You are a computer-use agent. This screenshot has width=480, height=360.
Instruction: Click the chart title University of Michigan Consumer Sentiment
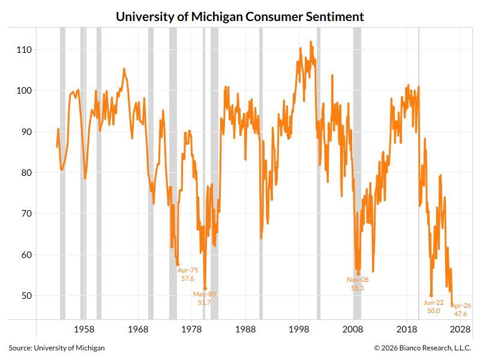tap(240, 16)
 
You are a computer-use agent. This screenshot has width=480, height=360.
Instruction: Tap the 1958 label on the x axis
tap(84, 329)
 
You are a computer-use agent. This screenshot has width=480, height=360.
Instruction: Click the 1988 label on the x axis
tap(245, 329)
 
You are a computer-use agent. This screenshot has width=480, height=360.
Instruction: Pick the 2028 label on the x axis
tap(461, 329)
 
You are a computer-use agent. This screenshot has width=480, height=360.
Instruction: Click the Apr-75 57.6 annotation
tap(187, 274)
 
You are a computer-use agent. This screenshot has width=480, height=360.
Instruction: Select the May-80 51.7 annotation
tap(205, 298)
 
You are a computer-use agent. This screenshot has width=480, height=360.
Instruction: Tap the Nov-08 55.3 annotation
tap(358, 284)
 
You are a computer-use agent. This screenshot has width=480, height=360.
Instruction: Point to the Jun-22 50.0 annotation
tap(433, 307)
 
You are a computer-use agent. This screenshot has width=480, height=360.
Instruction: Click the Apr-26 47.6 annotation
tap(461, 310)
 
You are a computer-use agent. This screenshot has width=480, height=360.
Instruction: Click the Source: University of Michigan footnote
tap(56, 347)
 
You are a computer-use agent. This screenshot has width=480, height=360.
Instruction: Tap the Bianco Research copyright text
tap(422, 347)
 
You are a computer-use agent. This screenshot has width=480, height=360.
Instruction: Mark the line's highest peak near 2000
tap(310, 42)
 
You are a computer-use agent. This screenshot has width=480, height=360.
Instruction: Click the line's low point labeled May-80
tap(205, 289)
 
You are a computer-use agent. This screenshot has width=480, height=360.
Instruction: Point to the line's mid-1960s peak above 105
tap(124, 69)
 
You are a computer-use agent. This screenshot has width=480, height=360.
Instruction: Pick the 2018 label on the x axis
tap(407, 329)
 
